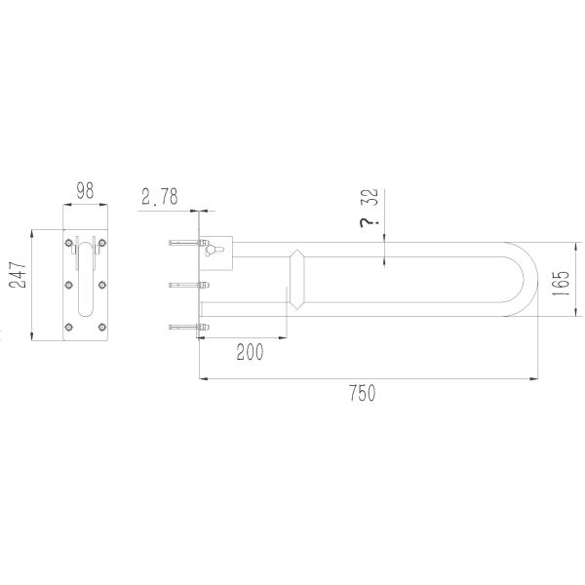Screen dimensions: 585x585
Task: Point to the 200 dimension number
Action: point(250,353)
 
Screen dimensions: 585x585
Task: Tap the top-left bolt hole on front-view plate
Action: point(67,244)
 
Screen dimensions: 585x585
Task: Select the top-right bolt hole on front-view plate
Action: point(103,244)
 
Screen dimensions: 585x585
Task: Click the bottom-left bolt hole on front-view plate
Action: point(67,326)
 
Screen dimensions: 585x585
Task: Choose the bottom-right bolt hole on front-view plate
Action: point(103,326)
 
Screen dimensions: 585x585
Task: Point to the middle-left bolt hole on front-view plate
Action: point(67,285)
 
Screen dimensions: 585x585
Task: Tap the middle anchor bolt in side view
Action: point(184,285)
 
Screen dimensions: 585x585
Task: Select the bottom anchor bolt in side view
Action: point(184,327)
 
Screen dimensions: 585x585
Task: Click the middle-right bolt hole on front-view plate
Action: point(103,285)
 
